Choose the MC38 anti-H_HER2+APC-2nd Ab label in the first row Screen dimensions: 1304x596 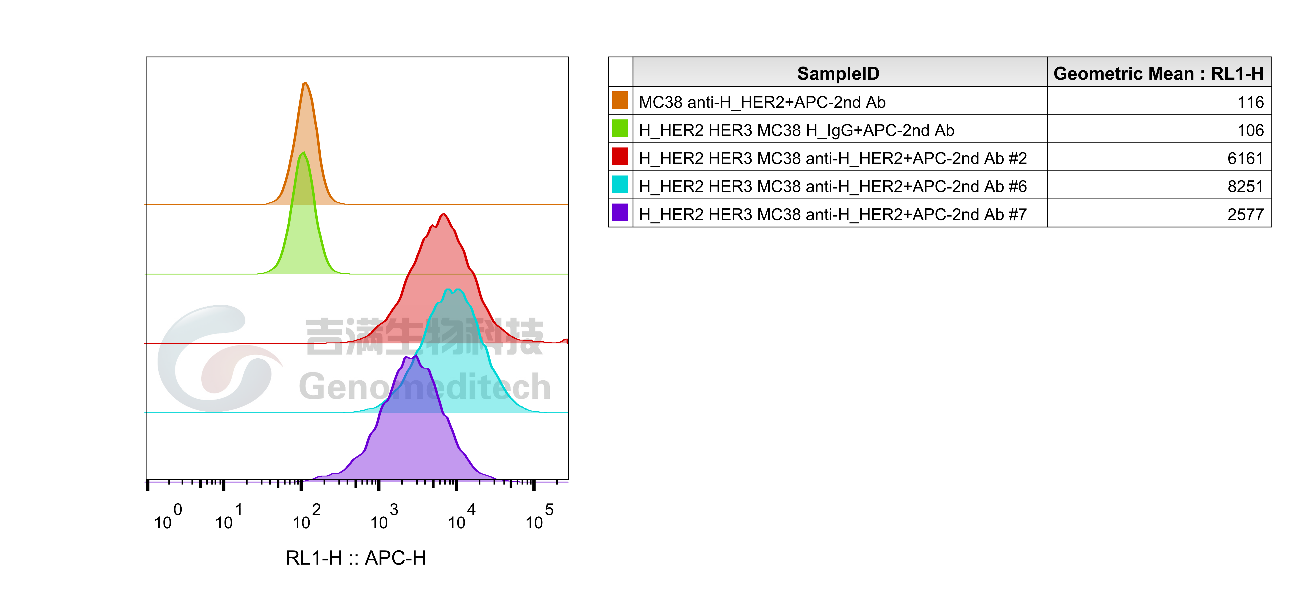[x=762, y=102]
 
